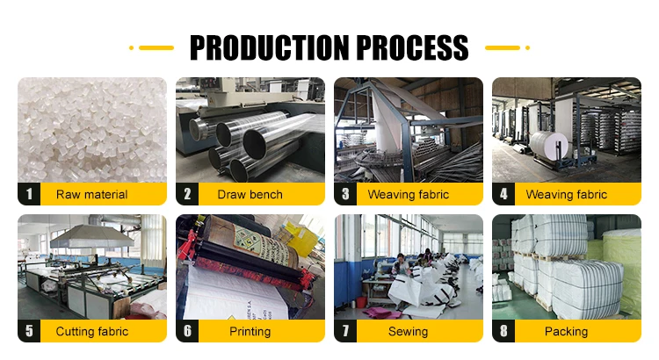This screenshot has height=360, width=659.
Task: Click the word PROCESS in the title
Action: tap(409, 47)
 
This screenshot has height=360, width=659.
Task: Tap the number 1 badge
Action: tap(29, 194)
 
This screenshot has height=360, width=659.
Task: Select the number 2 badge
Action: tap(187, 194)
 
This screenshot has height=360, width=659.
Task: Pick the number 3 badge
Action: tap(345, 194)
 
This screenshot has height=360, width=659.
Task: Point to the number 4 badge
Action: tap(503, 194)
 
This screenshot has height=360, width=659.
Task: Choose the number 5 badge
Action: tap(29, 331)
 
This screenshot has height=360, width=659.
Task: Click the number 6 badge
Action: tap(187, 331)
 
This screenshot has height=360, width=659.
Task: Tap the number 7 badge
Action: tap(345, 331)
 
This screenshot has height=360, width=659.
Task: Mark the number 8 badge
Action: tap(503, 331)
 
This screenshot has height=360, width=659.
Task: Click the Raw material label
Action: tap(91, 195)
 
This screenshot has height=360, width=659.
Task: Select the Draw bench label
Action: tap(250, 195)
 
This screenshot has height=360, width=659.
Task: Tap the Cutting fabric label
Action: tap(91, 332)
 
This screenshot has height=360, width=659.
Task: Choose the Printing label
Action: tap(250, 332)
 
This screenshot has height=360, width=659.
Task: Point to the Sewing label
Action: tap(408, 332)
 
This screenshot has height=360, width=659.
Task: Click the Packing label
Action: tap(566, 332)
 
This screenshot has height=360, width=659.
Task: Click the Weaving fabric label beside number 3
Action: tap(408, 195)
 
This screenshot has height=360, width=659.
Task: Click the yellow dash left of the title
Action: tap(155, 47)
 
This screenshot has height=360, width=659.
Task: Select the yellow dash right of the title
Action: tap(504, 47)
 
